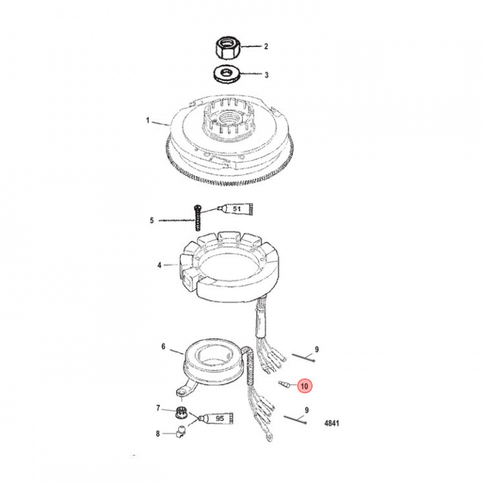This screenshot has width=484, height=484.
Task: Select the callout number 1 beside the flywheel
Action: pos(148,120)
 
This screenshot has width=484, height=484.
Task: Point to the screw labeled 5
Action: pos(197,217)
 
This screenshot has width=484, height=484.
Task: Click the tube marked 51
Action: pos(235,209)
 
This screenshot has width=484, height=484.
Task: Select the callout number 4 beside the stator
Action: pos(159,265)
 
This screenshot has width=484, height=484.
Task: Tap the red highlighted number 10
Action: pos(304,386)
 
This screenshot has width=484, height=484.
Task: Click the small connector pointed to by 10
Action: pos(284,384)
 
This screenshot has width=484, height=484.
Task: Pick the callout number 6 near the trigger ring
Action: pos(163,347)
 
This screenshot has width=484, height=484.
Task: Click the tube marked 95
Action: pos(216,418)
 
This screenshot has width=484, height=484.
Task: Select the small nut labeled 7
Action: pos(181,412)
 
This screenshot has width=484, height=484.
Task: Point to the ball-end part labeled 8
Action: pos(181,431)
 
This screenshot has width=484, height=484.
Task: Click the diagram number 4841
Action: pos(331,423)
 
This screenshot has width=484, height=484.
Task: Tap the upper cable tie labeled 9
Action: pos(303,358)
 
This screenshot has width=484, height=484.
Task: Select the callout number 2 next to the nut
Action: pos(266,46)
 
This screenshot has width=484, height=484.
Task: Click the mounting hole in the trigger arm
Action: pos(182,393)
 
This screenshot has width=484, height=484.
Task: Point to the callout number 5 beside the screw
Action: pos(151,220)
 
